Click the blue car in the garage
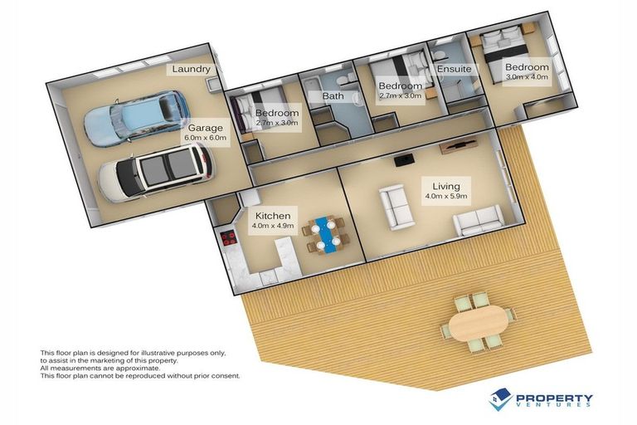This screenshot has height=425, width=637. click(136, 118)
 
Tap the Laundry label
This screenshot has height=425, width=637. click(191, 69)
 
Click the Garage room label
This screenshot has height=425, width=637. click(205, 128)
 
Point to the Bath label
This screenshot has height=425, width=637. click(333, 96)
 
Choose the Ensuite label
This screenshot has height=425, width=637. click(455, 69)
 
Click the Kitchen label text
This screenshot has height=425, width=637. click(273, 216)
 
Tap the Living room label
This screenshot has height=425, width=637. click(446, 186)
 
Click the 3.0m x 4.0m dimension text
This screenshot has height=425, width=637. click(527, 76)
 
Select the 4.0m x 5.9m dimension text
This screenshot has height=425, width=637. click(446, 196)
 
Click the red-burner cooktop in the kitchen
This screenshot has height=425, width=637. click(229, 238)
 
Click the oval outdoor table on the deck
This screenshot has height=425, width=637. click(479, 323)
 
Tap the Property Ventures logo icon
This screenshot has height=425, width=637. click(499, 399)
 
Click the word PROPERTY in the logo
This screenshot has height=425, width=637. click(553, 398)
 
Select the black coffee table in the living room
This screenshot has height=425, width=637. click(405, 160)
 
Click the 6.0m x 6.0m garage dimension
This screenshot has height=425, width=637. click(205, 138)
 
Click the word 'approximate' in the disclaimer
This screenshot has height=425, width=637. click(138, 369)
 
